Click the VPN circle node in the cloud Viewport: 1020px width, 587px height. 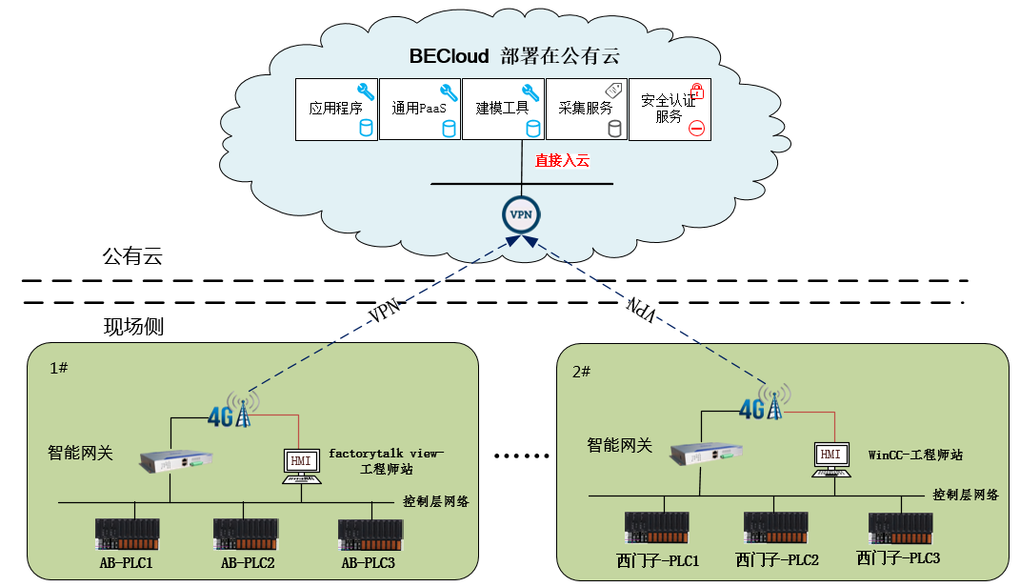521,215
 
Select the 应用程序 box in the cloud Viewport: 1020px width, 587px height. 336,110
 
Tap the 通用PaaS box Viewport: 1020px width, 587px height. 420,110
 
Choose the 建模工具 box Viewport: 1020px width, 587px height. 503,110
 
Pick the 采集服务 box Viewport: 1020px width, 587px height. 587,110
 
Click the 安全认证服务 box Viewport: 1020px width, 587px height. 670,110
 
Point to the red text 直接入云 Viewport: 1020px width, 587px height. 562,161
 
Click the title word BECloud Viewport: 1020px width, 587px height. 449,56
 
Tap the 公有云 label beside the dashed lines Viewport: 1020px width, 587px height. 132,255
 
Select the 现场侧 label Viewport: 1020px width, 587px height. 133,327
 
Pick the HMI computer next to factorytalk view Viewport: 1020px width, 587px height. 301,464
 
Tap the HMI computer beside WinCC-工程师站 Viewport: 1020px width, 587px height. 831,458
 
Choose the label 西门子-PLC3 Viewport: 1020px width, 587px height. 898,558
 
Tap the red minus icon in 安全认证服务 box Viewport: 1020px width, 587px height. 696,128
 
